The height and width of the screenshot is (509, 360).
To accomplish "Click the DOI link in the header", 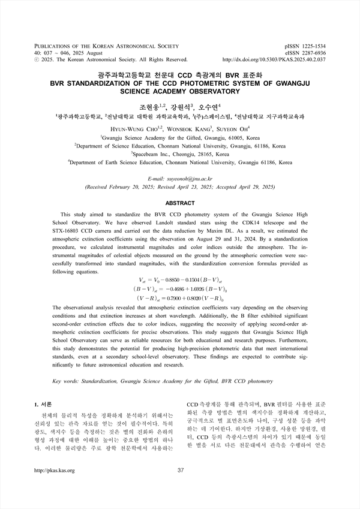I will click(x=274, y=60).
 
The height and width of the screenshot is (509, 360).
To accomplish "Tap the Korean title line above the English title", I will click(x=180, y=76).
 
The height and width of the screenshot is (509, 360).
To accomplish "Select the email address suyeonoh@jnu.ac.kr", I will click(x=180, y=179).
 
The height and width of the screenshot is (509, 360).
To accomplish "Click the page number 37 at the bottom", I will click(x=180, y=470).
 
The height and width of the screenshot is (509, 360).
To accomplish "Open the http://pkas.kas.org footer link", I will click(x=55, y=470).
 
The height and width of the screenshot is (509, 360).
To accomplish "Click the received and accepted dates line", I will click(x=180, y=187).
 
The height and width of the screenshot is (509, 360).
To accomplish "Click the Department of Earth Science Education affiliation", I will click(x=180, y=162).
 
